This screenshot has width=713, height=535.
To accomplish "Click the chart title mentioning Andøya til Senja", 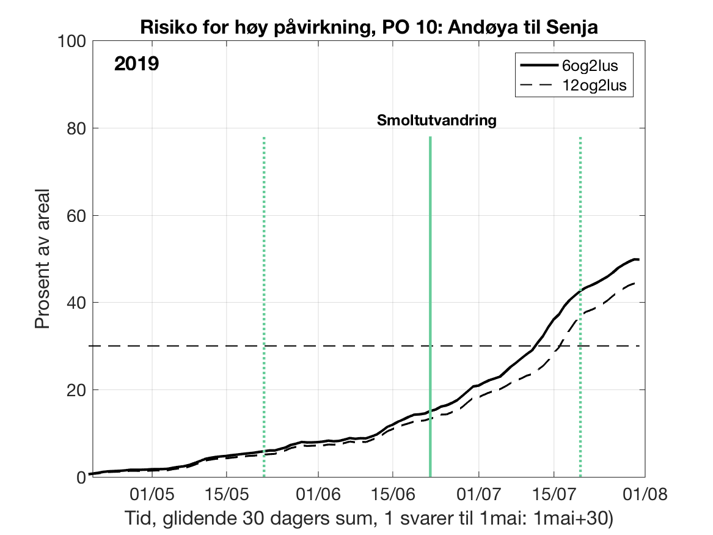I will pyautogui.click(x=368, y=27).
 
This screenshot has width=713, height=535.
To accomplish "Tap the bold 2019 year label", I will pyautogui.click(x=137, y=64).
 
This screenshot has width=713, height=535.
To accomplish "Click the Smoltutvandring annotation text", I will pyautogui.click(x=436, y=120).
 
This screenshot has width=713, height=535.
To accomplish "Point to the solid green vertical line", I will pyautogui.click(x=430, y=306).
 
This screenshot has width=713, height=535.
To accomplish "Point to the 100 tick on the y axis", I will pyautogui.click(x=73, y=41).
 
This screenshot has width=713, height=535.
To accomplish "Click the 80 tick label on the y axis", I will pyautogui.click(x=76, y=128).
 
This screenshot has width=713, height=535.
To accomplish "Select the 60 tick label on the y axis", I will pyautogui.click(x=76, y=215).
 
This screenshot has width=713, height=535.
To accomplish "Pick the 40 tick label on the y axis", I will pyautogui.click(x=76, y=303).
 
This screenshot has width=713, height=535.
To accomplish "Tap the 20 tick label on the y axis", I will pyautogui.click(x=76, y=390).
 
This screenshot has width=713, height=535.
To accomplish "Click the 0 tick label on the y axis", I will pyautogui.click(x=81, y=477).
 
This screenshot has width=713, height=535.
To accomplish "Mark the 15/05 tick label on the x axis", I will pyautogui.click(x=226, y=493).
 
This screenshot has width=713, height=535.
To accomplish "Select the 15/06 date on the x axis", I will pyautogui.click(x=393, y=493).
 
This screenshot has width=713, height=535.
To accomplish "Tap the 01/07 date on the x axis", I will pyautogui.click(x=478, y=493).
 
